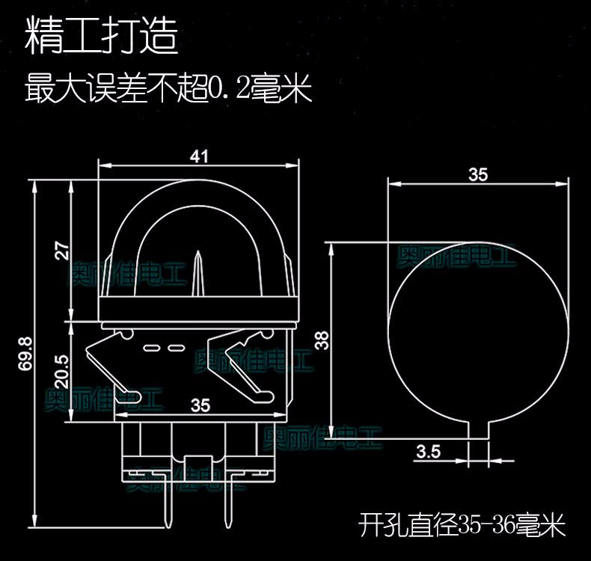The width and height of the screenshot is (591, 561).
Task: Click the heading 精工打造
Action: point(102,37)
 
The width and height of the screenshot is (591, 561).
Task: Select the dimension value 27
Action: point(62,251)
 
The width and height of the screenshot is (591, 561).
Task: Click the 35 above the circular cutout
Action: point(477,174)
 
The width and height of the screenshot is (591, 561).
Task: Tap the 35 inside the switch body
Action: point(200,405)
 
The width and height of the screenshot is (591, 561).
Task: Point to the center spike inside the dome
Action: point(197,277)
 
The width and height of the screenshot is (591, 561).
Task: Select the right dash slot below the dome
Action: point(177,348)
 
